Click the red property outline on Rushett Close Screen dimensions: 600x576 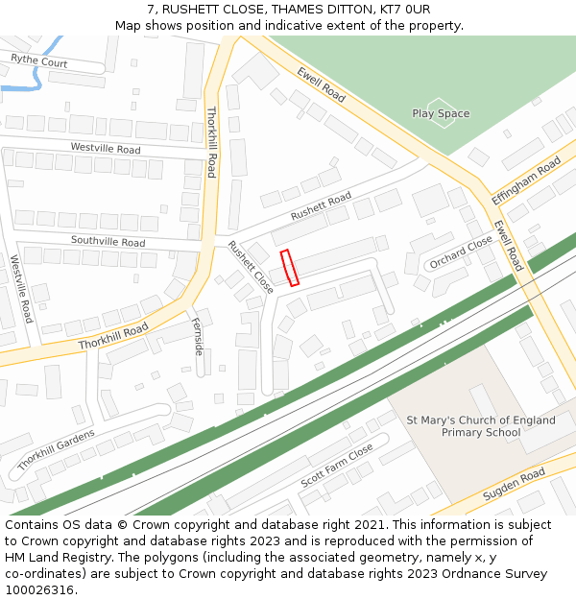(x=289, y=268)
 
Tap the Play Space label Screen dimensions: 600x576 (x=441, y=113)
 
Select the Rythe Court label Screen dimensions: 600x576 (x=39, y=61)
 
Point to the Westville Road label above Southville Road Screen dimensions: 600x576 (x=106, y=149)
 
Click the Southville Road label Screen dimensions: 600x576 (x=108, y=241)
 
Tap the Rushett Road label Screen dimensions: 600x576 (x=321, y=206)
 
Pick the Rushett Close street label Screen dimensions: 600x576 (x=250, y=266)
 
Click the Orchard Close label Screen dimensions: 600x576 (x=461, y=252)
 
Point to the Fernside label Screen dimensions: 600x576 (x=198, y=336)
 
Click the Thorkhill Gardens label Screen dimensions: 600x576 (x=56, y=449)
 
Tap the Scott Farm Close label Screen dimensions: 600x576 (x=336, y=465)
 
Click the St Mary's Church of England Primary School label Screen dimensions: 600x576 (x=481, y=426)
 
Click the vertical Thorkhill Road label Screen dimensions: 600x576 (x=211, y=141)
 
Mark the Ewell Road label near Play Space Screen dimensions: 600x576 (x=321, y=84)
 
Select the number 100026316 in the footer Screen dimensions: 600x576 (x=39, y=589)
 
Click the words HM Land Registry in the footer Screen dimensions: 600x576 (x=47, y=557)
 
